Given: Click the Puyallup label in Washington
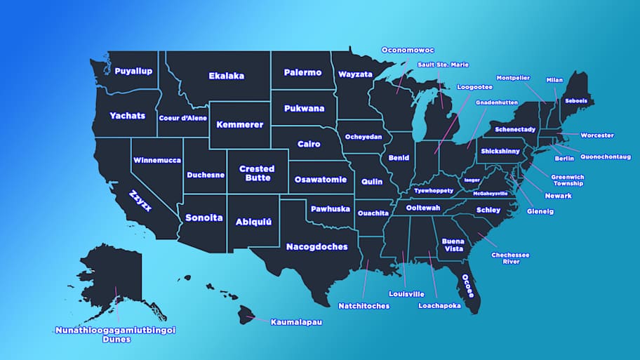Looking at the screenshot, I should [x=133, y=70].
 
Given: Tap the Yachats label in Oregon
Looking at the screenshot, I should [x=127, y=115].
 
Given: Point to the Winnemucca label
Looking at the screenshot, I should [x=156, y=160].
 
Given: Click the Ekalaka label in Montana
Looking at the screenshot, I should [x=226, y=76].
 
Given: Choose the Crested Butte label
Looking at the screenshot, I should [x=256, y=173].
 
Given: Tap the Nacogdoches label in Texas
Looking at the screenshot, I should [x=316, y=246].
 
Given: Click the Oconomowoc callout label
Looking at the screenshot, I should [x=408, y=50].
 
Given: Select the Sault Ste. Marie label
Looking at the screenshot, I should [x=443, y=65].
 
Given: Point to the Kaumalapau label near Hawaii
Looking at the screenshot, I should [x=296, y=322].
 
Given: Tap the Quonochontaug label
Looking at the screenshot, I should [x=605, y=156].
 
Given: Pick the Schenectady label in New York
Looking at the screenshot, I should [x=515, y=129].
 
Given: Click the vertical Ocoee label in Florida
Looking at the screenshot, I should [x=465, y=285].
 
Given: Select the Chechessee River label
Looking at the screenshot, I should [x=510, y=258].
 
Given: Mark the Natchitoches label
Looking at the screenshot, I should [x=364, y=306].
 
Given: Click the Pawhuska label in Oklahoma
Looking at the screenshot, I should [x=330, y=208].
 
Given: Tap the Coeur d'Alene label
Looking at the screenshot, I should [x=182, y=118].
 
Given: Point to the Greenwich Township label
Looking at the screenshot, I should [x=567, y=180].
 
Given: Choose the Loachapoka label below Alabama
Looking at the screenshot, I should [x=439, y=305].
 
